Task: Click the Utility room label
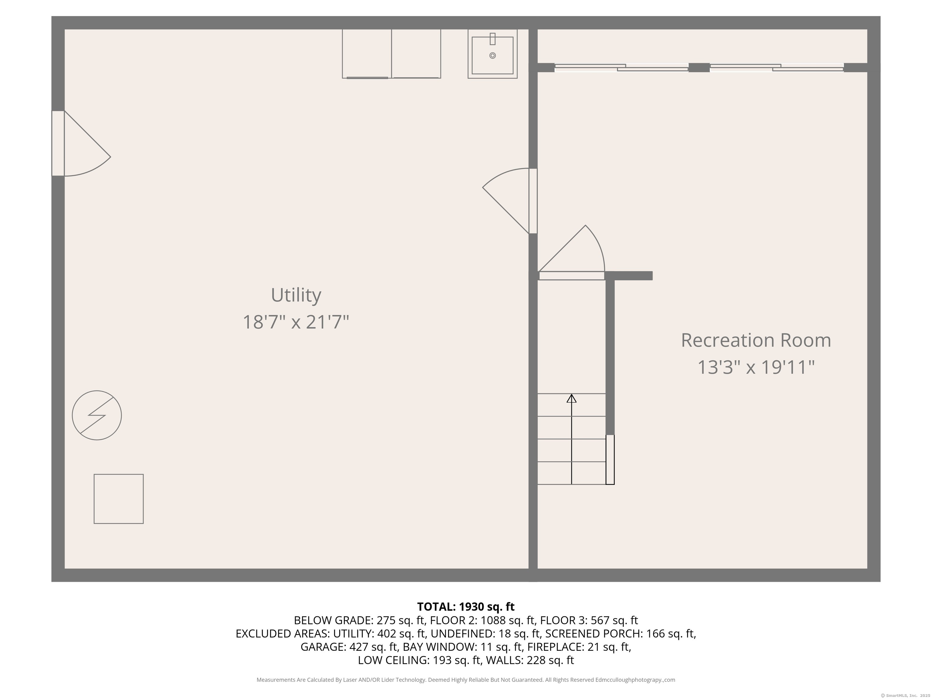[x=296, y=295]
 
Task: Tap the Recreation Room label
[x=756, y=340]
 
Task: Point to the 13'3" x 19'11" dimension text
[x=756, y=367]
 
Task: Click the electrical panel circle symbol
[x=97, y=415]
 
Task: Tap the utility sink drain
[x=492, y=56]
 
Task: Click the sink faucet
[x=492, y=39]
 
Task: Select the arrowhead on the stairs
[x=571, y=399]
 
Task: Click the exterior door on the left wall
[x=58, y=143]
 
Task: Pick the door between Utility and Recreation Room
[x=533, y=201]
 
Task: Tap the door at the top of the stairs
[x=572, y=275]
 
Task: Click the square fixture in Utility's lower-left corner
[x=118, y=499]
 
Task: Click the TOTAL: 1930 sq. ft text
[x=466, y=607]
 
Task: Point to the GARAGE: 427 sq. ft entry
[x=349, y=647]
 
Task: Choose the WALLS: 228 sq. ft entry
[x=530, y=660]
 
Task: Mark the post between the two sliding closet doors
[x=699, y=67]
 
